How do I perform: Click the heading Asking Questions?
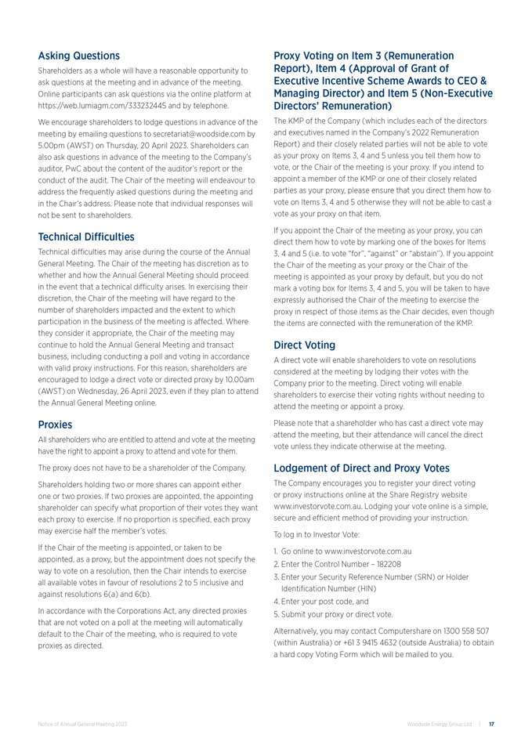click(79, 56)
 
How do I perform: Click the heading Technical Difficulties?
click(86, 237)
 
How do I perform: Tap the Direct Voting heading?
click(305, 345)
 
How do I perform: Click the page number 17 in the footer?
click(491, 725)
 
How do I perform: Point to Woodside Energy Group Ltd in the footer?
click(440, 725)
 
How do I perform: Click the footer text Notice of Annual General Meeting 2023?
click(82, 725)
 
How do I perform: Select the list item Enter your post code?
click(330, 602)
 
